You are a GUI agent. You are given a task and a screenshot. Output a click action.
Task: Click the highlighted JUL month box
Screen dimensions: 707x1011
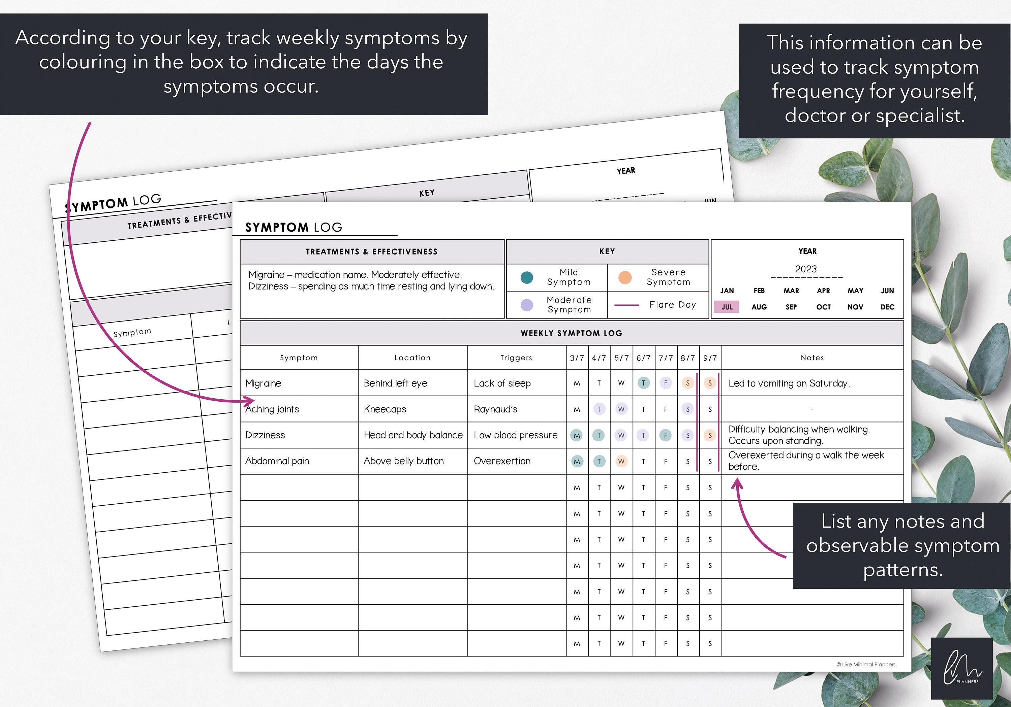tap(727, 307)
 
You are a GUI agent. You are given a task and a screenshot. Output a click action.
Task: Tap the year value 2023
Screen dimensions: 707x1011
tap(806, 269)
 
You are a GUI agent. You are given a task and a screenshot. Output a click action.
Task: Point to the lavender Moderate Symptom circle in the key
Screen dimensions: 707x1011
tap(527, 305)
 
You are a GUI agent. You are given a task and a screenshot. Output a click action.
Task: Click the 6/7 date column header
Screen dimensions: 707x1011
tap(643, 358)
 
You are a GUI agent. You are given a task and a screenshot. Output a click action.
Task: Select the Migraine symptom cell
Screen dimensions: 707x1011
tap(263, 383)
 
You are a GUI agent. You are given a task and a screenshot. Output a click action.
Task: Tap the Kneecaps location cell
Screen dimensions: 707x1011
tap(385, 409)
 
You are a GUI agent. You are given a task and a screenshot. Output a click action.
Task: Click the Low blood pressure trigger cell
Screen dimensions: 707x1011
tap(516, 435)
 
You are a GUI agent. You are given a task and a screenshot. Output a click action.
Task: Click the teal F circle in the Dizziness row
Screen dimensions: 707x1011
tap(665, 435)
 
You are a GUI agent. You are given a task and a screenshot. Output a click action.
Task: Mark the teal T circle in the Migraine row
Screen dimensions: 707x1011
tap(643, 383)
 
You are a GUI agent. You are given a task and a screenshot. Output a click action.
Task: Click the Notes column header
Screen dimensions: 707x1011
tap(812, 358)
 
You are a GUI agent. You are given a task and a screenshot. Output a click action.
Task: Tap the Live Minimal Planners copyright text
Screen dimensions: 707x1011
tap(866, 664)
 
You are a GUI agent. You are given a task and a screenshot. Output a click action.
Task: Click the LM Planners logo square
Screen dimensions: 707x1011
tap(962, 668)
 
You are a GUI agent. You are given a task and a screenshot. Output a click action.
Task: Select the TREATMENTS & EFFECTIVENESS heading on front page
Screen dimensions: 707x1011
tap(372, 251)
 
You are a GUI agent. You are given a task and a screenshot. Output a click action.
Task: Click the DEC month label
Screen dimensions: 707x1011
tap(887, 307)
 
